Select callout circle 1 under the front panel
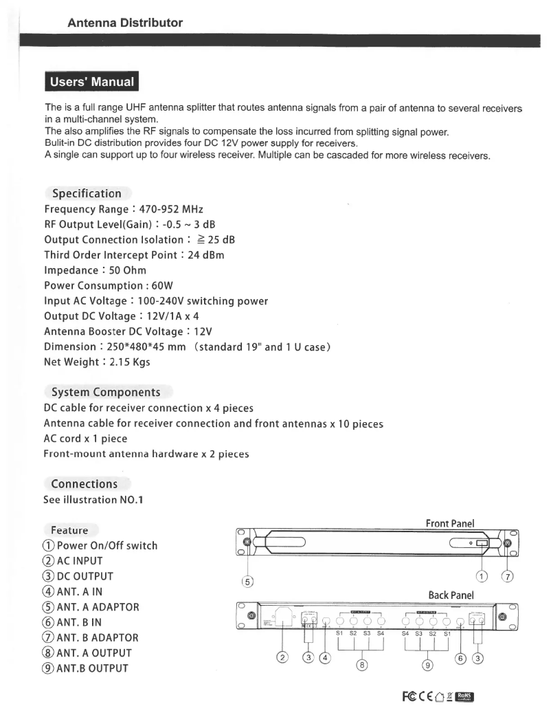[480, 575]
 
